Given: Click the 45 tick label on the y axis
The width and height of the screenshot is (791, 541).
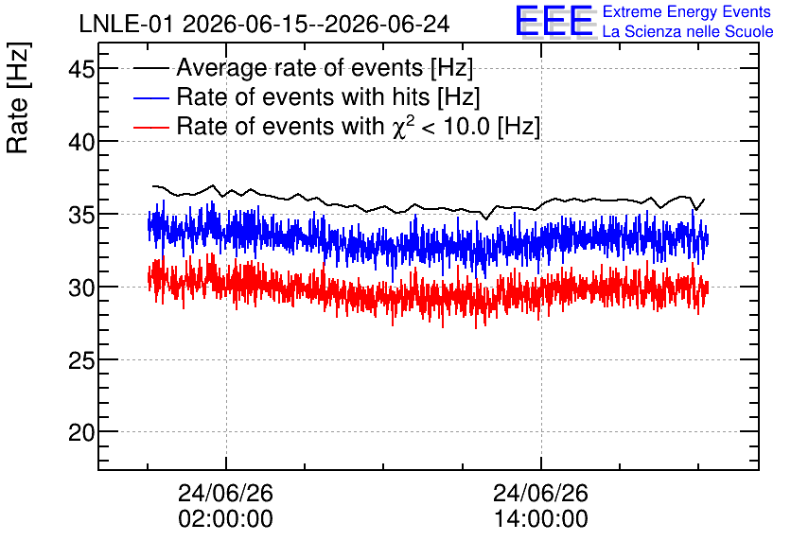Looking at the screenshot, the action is (x=81, y=68).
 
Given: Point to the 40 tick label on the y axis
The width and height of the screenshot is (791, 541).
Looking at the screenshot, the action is (x=81, y=142).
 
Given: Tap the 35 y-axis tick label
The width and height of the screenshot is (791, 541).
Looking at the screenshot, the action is (x=81, y=215).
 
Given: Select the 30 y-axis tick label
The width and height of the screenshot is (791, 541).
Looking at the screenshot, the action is (x=81, y=288).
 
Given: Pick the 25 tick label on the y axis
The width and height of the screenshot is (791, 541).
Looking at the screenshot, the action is (x=81, y=360).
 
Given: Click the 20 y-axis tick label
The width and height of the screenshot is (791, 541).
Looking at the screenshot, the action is (x=81, y=432).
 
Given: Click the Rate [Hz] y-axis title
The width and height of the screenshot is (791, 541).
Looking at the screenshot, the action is (x=18, y=97).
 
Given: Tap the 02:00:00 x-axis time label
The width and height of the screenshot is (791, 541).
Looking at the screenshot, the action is (x=225, y=518).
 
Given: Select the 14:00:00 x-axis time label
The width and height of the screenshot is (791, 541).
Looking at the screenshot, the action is (x=541, y=518).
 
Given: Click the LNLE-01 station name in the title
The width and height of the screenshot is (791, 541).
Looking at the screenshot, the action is (x=128, y=24).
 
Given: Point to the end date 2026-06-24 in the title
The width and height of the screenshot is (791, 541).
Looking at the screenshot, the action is (x=387, y=24).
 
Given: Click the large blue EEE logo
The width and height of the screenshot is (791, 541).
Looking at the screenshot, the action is (x=554, y=20).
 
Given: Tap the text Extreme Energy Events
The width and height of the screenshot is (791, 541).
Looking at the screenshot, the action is (x=687, y=11).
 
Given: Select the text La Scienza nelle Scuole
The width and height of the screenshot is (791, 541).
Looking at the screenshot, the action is (x=688, y=31).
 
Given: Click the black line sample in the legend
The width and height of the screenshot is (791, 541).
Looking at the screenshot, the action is (x=150, y=68).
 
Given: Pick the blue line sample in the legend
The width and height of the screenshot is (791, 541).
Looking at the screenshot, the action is (x=150, y=97).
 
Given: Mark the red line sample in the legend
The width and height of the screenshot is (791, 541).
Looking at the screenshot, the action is (x=150, y=127).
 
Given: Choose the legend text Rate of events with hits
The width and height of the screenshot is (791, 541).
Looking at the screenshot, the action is (x=303, y=96).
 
